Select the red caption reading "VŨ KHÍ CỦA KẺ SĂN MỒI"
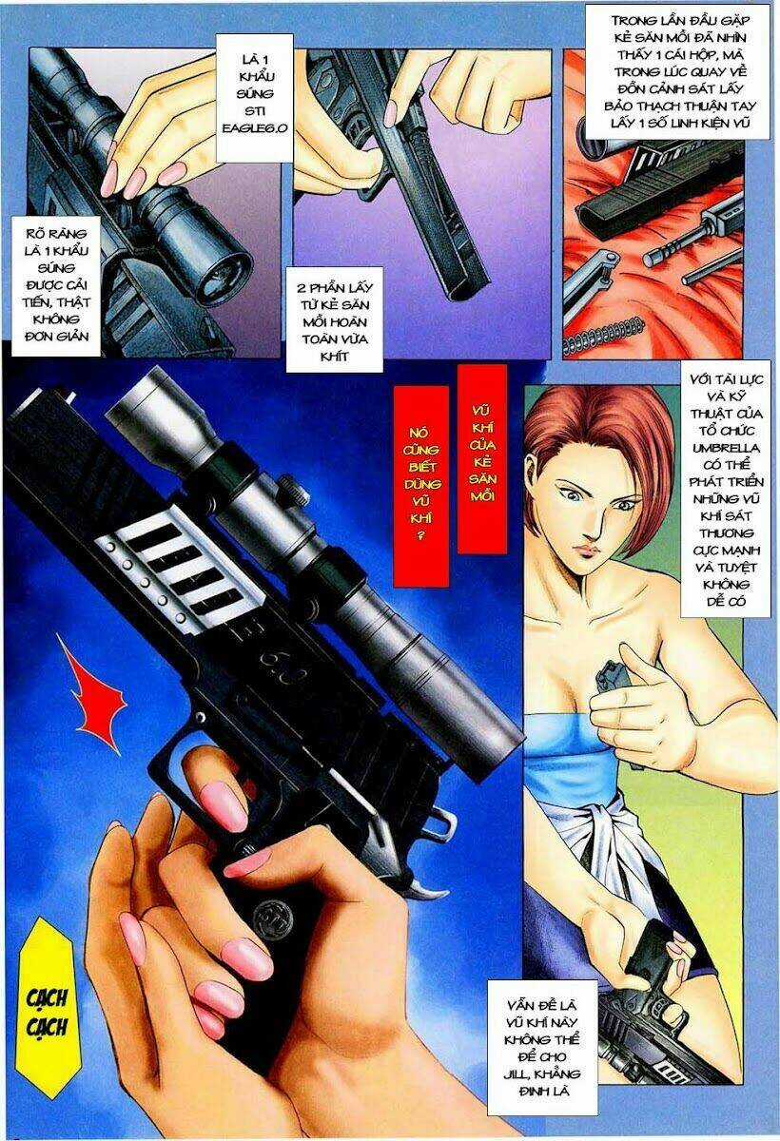point(480,456)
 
